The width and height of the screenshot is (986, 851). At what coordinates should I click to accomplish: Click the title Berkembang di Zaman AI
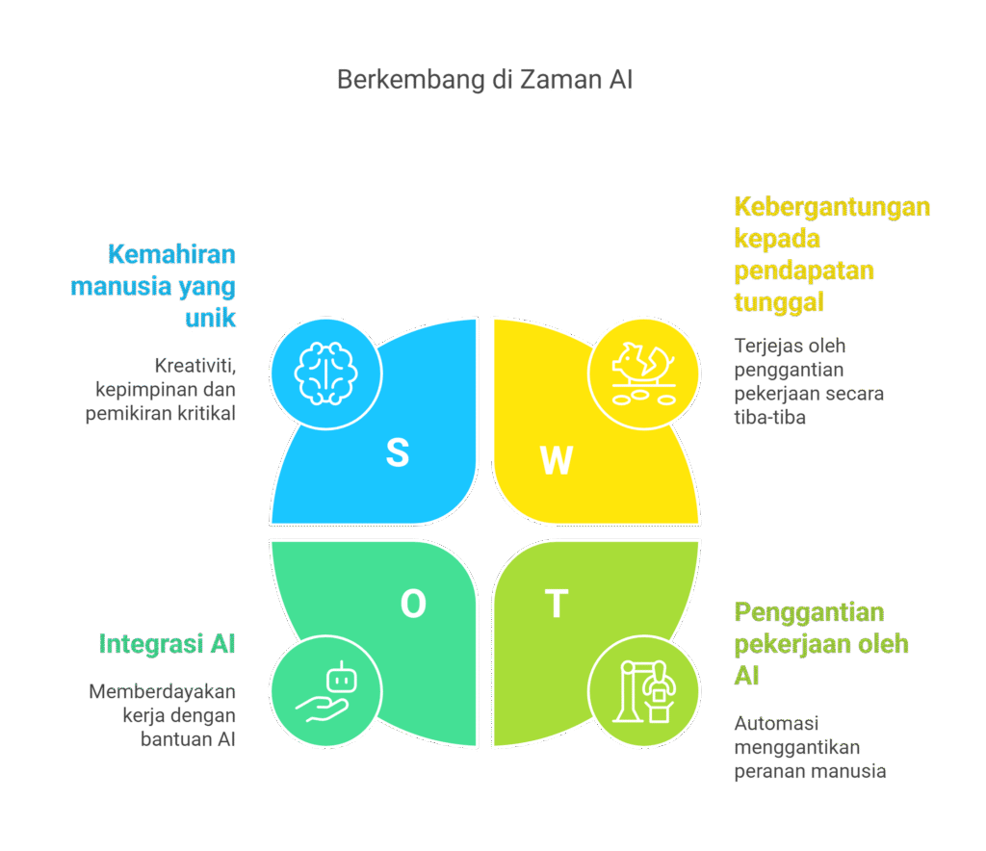point(484,80)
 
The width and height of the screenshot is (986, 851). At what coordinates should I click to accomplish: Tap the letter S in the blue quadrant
point(397,452)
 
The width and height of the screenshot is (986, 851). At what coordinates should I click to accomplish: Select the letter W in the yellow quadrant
point(556,461)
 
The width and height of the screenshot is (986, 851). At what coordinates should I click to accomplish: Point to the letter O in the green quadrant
point(413,604)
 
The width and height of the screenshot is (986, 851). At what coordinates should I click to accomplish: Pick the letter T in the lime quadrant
point(556,604)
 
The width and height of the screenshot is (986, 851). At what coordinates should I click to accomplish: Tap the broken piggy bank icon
point(643,373)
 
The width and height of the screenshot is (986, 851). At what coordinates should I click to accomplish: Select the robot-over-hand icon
point(325,692)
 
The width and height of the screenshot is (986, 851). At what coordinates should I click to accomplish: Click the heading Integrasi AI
point(167,644)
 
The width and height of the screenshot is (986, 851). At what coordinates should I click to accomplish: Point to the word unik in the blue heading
point(210,318)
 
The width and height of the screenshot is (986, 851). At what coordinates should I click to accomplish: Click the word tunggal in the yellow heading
point(779,301)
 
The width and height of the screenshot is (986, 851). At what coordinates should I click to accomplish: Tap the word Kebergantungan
point(832,207)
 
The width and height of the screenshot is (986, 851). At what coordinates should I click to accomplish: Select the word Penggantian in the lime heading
point(809,612)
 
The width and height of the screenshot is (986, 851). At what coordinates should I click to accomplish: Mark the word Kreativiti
point(194,366)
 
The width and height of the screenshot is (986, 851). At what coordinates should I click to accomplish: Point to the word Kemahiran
point(171,255)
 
